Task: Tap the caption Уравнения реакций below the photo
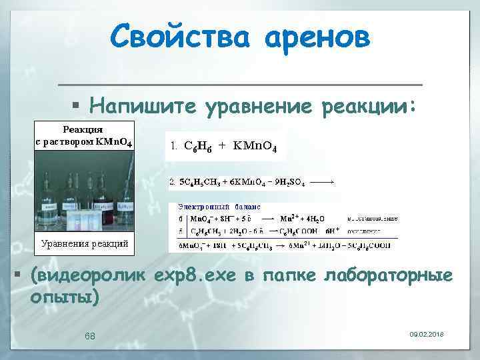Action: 85,243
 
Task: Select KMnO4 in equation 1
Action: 259,146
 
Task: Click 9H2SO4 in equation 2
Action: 289,182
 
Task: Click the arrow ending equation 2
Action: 323,181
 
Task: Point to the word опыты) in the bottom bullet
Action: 65,297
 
